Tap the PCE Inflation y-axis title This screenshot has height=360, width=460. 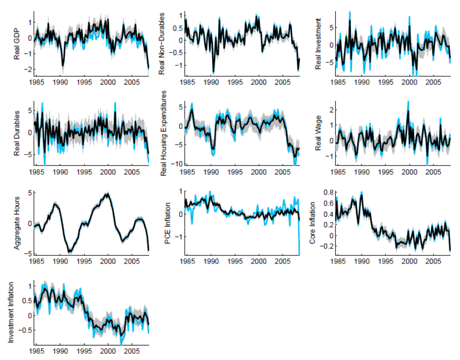point(167,222)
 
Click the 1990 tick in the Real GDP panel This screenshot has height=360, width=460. point(61,82)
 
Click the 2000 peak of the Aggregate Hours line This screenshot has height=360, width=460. point(107,194)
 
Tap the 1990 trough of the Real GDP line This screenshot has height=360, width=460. point(63,66)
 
